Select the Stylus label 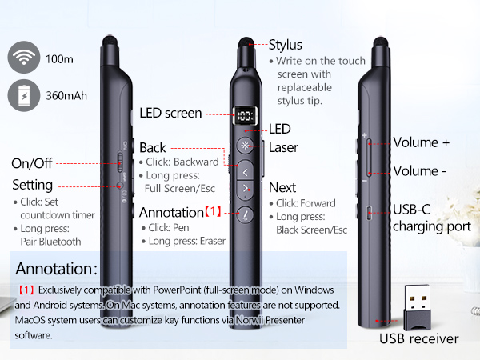tap(286, 44)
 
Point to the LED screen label tap(170, 114)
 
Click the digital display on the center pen tap(245, 117)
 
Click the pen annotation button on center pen tap(246, 214)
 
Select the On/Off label tap(32, 163)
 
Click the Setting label tap(33, 185)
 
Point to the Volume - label tap(419, 170)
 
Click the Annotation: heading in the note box tap(56, 268)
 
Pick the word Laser tap(283, 147)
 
